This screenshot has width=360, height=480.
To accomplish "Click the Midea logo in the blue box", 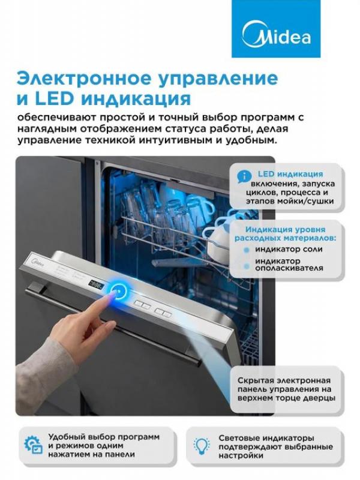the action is pyautogui.click(x=276, y=36).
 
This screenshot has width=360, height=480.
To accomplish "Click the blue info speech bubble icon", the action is pyautogui.click(x=244, y=176).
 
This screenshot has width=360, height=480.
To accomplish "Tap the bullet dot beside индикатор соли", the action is pyautogui.click(x=246, y=250).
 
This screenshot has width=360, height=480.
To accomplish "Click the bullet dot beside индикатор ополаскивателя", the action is pyautogui.click(x=246, y=266).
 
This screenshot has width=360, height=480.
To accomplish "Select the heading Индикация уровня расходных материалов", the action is pyautogui.click(x=285, y=233).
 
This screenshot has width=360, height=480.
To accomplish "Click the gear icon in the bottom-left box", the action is pyautogui.click(x=33, y=444).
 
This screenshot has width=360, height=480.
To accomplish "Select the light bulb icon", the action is pyautogui.click(x=202, y=446).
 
